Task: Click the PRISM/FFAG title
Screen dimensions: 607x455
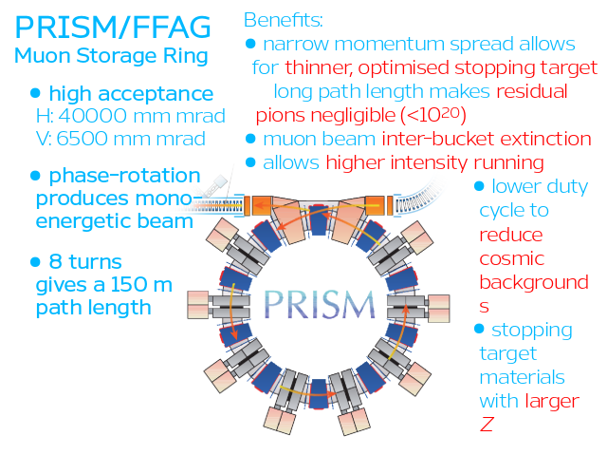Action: pyautogui.click(x=113, y=28)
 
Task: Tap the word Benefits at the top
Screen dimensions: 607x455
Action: pyautogui.click(x=283, y=20)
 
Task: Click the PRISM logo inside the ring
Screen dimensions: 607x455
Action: pyautogui.click(x=320, y=304)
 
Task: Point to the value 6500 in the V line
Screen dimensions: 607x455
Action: pyautogui.click(x=82, y=139)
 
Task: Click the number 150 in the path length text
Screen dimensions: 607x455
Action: pyautogui.click(x=127, y=284)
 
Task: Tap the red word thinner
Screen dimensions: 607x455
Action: pyautogui.click(x=319, y=67)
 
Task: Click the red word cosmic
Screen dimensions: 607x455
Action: pyautogui.click(x=512, y=259)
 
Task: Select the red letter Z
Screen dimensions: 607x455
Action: pyautogui.click(x=487, y=424)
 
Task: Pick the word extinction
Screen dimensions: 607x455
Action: pyautogui.click(x=546, y=139)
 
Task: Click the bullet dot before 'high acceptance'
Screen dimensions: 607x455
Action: pyautogui.click(x=35, y=93)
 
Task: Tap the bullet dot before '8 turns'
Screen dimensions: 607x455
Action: pyautogui.click(x=35, y=262)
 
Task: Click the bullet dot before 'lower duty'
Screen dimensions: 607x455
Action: pyautogui.click(x=479, y=186)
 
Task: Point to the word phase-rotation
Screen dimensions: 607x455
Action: pyautogui.click(x=124, y=175)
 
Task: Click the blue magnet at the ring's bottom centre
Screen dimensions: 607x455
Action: pyautogui.click(x=319, y=394)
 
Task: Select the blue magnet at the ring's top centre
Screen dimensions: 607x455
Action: pyautogui.click(x=319, y=219)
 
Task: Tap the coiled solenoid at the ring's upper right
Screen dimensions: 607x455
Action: pyautogui.click(x=418, y=198)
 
